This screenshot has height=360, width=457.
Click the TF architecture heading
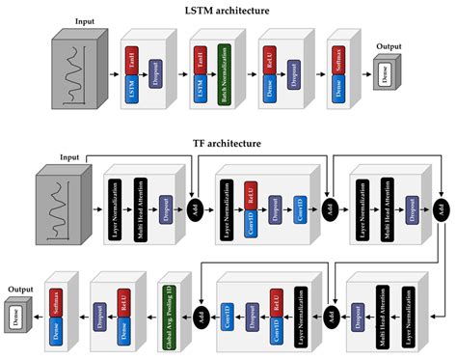point(228,144)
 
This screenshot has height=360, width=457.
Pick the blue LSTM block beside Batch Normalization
point(201,91)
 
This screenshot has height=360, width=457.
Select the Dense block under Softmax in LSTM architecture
point(334,91)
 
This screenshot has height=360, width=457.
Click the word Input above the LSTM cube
point(84,18)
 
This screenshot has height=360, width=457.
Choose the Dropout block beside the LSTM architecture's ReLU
point(289,73)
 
